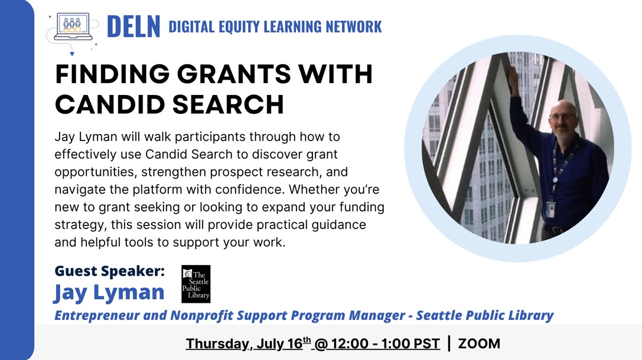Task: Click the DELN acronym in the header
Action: coord(133,27)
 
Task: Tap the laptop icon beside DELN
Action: coord(73,26)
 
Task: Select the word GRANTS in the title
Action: coord(234,74)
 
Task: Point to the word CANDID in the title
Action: coord(110,104)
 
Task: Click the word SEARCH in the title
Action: coord(228,104)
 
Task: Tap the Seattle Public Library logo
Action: coord(195,284)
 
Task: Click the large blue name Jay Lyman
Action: coord(109,293)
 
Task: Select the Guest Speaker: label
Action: coord(110,271)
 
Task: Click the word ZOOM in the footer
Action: coord(479,343)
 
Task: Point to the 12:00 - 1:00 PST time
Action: coord(386,343)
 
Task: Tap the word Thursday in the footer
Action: coord(217,343)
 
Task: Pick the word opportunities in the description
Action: coord(94,172)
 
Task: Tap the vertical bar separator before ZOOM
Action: coord(449,343)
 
